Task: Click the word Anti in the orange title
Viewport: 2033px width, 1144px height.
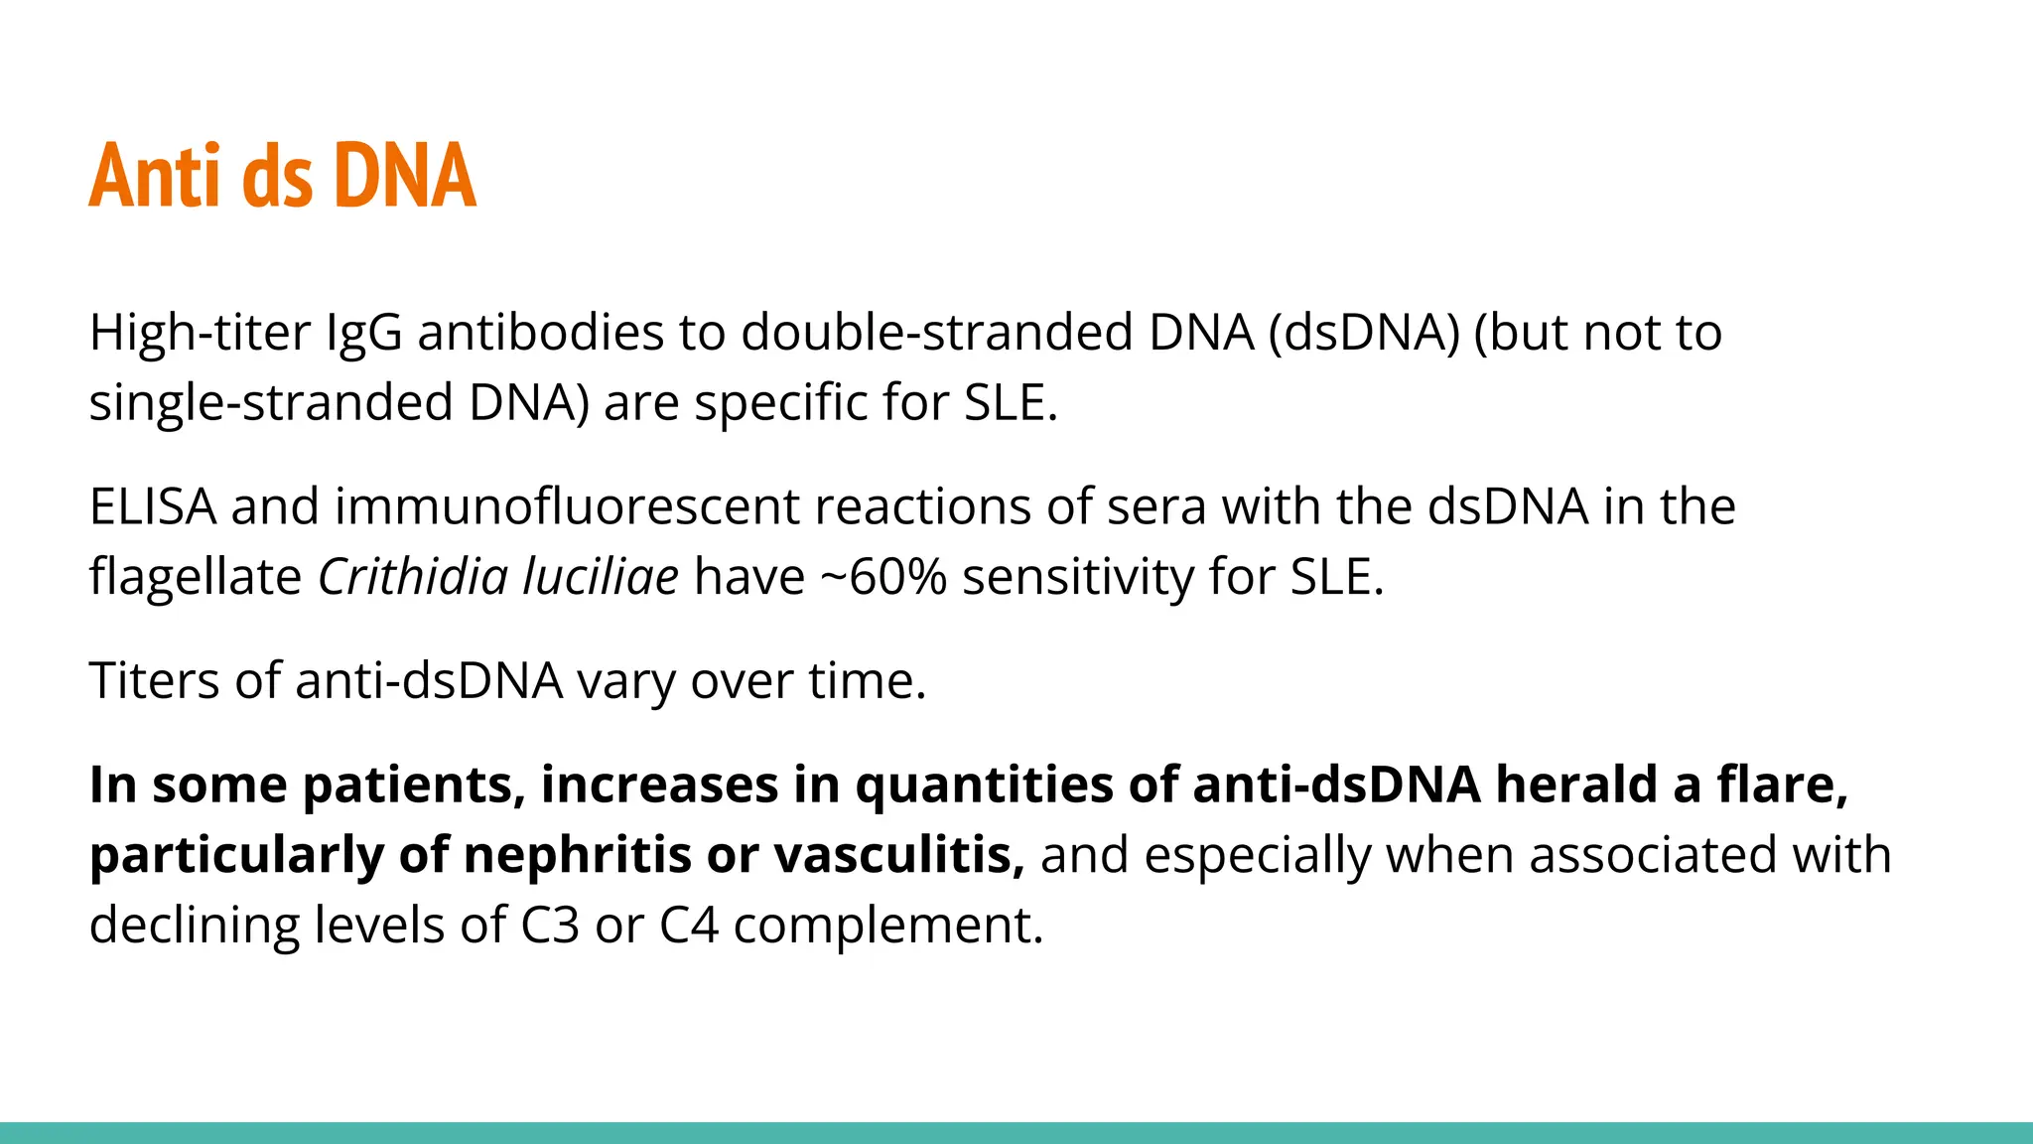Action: (x=153, y=176)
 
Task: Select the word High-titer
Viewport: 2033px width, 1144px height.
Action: (x=200, y=333)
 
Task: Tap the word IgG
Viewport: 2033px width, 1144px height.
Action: (x=364, y=333)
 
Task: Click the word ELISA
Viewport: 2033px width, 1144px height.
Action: (x=153, y=506)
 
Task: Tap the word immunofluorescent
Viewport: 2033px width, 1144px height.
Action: (x=567, y=506)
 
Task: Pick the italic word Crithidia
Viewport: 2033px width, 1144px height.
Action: (x=412, y=577)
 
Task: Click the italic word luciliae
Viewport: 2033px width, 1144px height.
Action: (x=601, y=577)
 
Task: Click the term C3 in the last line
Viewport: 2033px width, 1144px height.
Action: (x=550, y=926)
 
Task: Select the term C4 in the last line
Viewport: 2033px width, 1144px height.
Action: (x=688, y=926)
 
